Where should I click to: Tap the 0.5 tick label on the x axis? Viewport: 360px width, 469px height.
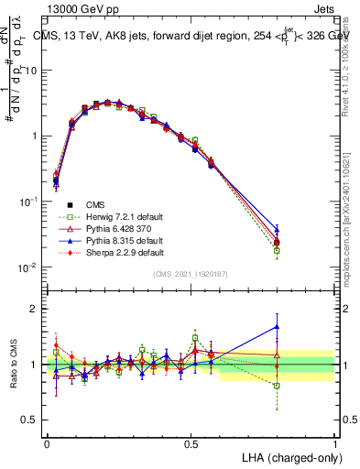[x=191, y=442]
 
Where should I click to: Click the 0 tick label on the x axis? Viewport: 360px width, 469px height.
[x=47, y=442]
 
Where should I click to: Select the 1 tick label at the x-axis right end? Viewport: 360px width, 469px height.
[x=334, y=442]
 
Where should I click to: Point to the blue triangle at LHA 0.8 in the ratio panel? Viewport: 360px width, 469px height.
[x=277, y=326]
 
